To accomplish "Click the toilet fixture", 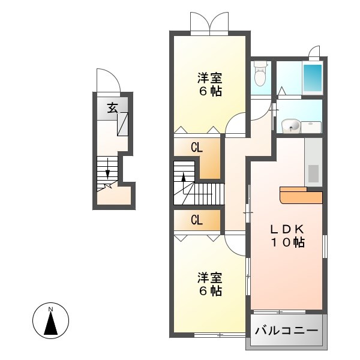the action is (x=260, y=73).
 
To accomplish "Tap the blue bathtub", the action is (x=313, y=78).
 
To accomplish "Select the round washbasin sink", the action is (x=291, y=126).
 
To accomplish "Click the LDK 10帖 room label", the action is (x=287, y=236).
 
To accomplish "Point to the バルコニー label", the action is (x=287, y=331).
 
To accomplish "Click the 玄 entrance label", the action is (x=113, y=107).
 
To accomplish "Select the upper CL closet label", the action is (x=197, y=148).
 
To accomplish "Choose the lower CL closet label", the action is (x=197, y=220).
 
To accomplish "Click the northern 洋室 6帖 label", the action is (x=210, y=84).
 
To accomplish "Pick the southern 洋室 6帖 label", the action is (x=210, y=284).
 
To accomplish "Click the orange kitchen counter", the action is (x=301, y=196).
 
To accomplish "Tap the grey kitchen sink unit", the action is (x=313, y=162).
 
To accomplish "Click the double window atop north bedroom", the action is (x=209, y=23).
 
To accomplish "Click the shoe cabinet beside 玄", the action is (x=122, y=124).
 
